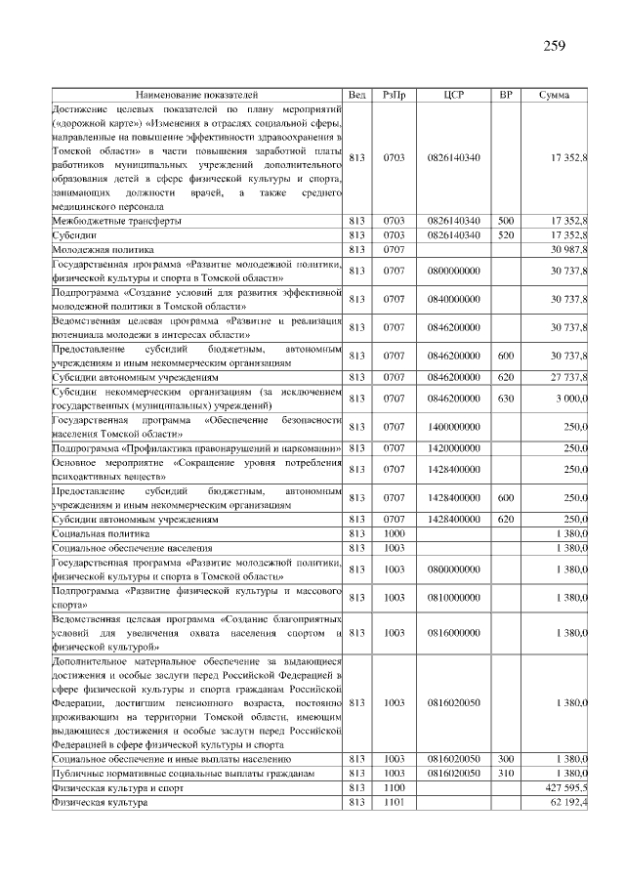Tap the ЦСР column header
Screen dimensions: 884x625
click(x=453, y=95)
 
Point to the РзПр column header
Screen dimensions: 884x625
click(x=394, y=95)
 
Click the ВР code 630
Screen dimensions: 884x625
click(x=505, y=398)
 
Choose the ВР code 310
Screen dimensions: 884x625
click(x=505, y=773)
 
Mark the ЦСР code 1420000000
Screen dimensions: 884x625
click(x=453, y=448)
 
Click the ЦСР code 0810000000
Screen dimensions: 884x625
click(x=453, y=597)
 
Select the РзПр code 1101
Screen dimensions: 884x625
click(x=394, y=801)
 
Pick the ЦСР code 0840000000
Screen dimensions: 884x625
click(x=453, y=298)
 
